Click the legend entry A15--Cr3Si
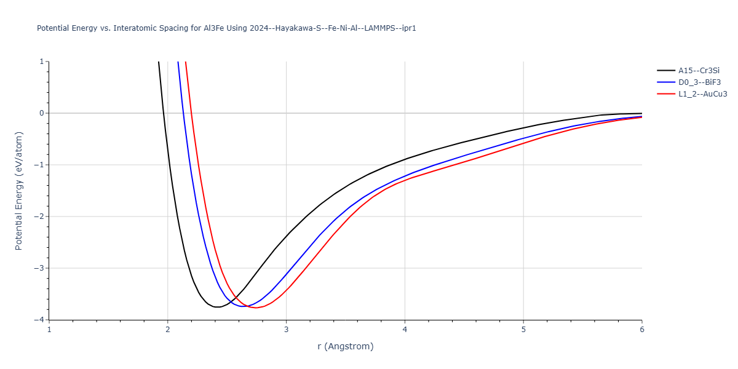[699, 71]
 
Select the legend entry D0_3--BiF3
[699, 82]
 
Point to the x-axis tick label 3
[286, 330]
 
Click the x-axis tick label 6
[641, 330]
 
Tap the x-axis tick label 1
[49, 330]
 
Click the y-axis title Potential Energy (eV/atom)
[18, 191]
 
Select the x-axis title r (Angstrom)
[345, 346]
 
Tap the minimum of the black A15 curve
[218, 307]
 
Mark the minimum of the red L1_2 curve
[256, 307]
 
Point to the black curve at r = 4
[405, 159]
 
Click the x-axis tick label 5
[523, 330]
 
